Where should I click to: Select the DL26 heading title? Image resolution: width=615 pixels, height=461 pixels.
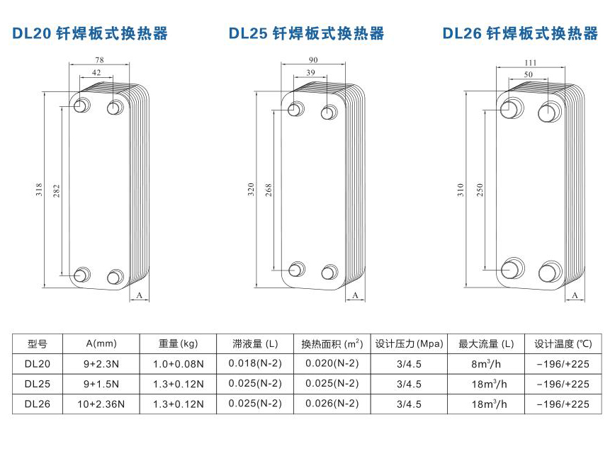520,33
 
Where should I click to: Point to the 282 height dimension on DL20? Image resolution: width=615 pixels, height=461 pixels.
57,190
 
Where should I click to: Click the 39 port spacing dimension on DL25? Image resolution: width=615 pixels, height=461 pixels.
311,73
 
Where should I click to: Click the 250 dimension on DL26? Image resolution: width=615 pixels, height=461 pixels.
480,190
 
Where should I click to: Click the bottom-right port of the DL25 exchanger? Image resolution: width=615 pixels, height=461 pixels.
329,272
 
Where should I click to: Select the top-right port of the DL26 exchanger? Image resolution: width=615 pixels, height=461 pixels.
549,111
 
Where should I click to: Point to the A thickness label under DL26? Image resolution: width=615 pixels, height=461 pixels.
575,295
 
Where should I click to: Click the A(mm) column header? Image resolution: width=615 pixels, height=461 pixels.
101,344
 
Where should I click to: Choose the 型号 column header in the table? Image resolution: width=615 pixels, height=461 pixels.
37,344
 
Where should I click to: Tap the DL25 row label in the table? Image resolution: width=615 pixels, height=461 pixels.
37,384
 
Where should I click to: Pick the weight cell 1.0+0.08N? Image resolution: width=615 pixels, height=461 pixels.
179,364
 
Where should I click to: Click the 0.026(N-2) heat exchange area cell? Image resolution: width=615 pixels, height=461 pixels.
332,404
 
